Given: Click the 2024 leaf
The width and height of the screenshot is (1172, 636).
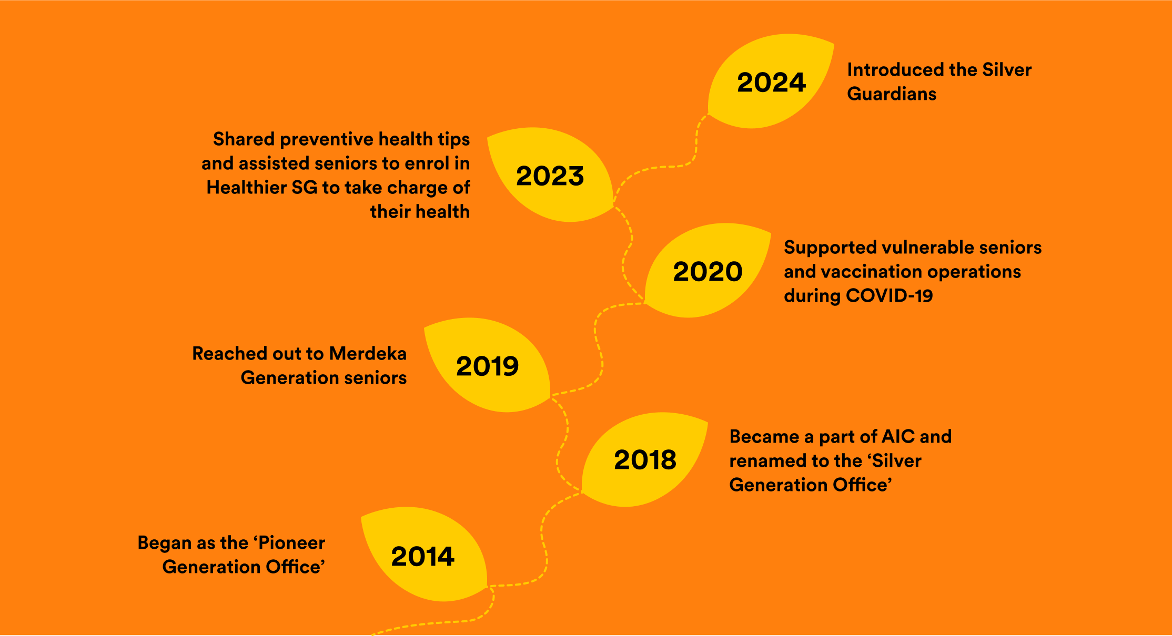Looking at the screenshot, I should (x=771, y=82).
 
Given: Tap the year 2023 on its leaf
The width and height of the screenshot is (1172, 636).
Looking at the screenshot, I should (x=550, y=176).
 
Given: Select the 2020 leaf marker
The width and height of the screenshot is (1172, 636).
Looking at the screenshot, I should (x=708, y=271).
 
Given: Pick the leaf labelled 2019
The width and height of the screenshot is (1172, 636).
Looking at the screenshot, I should (x=487, y=366).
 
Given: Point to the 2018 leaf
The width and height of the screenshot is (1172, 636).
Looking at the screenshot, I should (x=645, y=459).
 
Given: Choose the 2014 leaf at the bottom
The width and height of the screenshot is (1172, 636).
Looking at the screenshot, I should (x=422, y=556).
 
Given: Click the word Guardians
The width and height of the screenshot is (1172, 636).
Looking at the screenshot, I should (x=892, y=94).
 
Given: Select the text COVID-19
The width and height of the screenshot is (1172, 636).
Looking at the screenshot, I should (x=889, y=295).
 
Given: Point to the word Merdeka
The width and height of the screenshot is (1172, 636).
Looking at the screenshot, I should (x=368, y=354).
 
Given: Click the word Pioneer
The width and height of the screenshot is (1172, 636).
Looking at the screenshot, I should (x=292, y=543).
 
